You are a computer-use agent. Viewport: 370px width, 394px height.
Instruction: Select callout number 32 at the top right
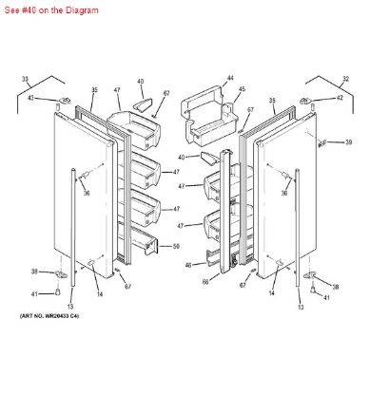338,78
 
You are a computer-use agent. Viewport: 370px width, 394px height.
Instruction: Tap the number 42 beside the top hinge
340,99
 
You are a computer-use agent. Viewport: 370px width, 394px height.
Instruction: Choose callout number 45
241,90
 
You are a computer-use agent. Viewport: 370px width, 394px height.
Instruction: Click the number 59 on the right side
348,142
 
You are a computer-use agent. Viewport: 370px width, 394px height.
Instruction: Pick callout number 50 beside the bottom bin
175,247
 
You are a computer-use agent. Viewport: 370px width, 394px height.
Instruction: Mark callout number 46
187,265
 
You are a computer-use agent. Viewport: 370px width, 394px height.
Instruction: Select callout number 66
204,282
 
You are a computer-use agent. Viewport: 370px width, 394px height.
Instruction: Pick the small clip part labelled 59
322,141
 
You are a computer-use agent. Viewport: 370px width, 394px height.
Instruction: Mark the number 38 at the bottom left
35,272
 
